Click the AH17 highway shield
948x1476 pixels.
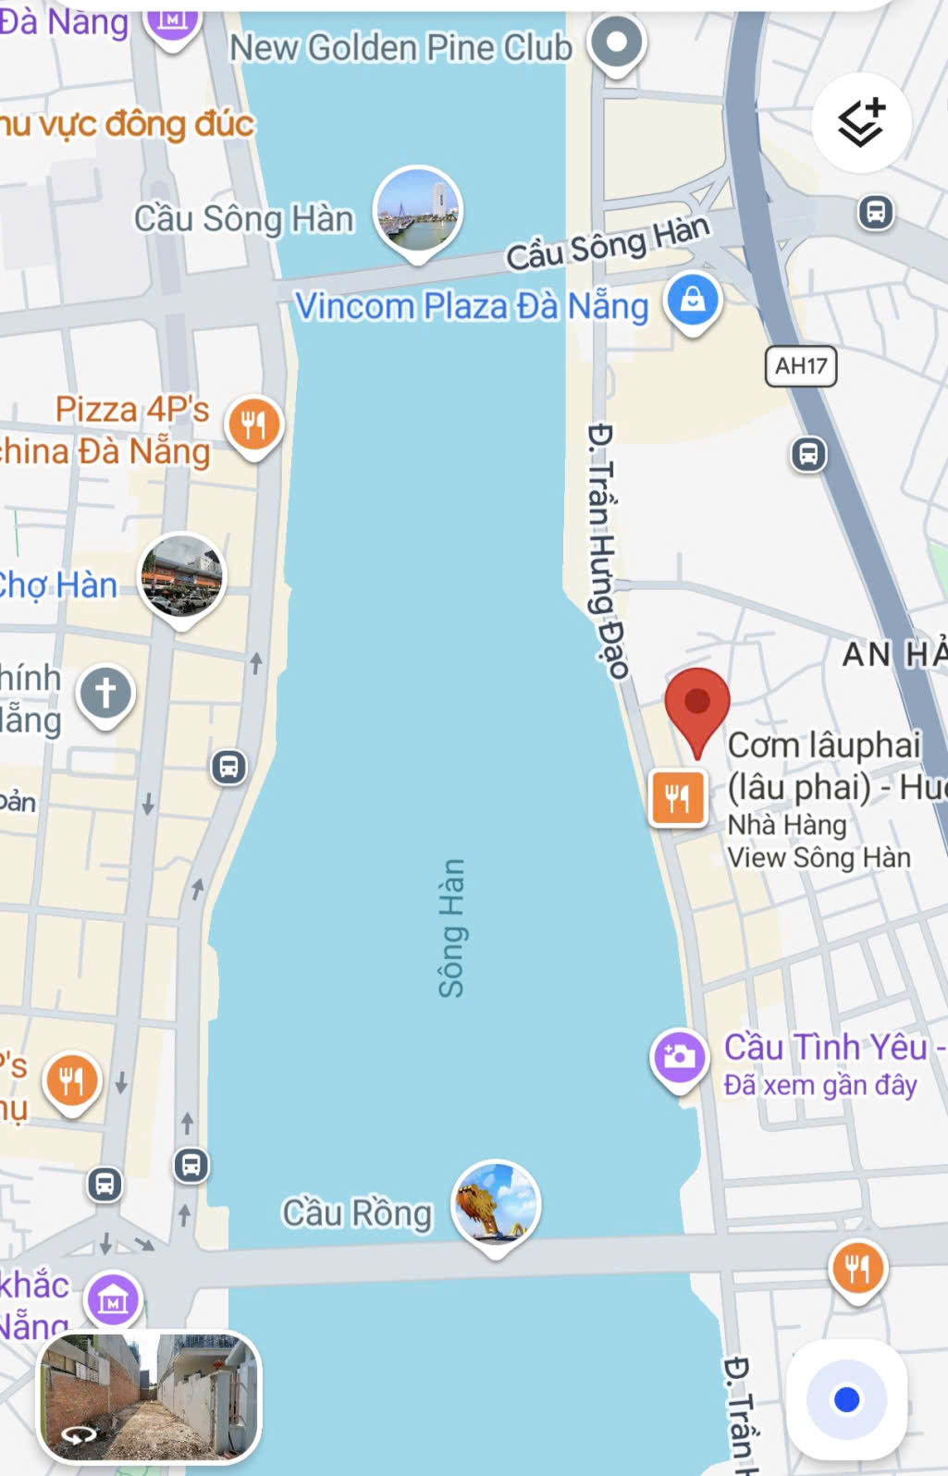(x=801, y=366)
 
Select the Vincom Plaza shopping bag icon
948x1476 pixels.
(x=693, y=301)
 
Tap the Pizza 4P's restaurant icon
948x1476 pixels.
(x=253, y=424)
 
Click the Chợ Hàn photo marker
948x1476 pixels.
(x=181, y=576)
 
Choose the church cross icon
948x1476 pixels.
(x=105, y=693)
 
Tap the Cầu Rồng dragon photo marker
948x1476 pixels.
(x=496, y=1203)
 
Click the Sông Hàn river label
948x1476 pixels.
(x=451, y=928)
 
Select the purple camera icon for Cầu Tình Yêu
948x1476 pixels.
(x=680, y=1057)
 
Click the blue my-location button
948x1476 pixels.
(x=846, y=1399)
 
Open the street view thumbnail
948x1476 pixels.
(x=149, y=1396)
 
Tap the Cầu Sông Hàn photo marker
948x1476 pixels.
(x=418, y=210)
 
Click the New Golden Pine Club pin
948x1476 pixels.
(x=617, y=43)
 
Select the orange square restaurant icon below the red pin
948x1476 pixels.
(x=678, y=797)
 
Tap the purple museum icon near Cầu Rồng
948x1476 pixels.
(x=113, y=1300)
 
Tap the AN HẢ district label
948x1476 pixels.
(x=893, y=655)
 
